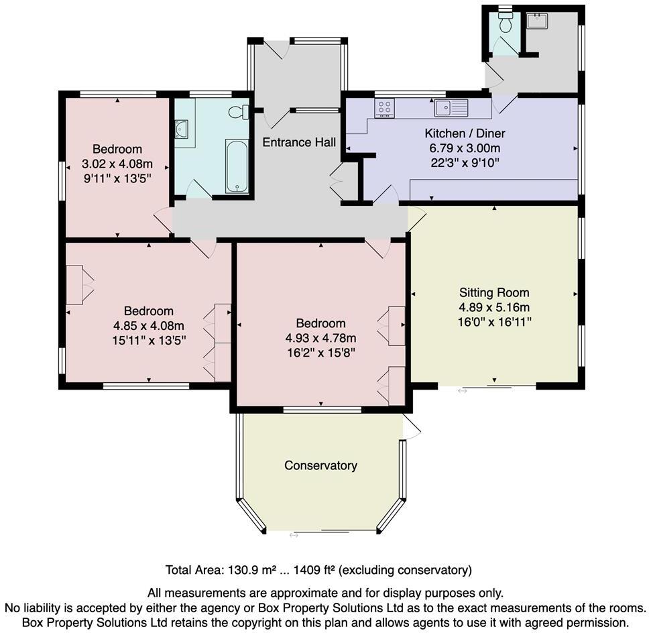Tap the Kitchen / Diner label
[465, 133]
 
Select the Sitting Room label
[494, 292]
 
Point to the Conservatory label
[320, 465]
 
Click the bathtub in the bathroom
[237, 166]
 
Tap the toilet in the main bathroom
[237, 112]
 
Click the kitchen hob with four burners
[385, 108]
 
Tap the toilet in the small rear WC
[506, 23]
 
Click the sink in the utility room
[536, 21]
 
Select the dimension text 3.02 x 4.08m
[117, 164]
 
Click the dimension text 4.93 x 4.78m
[320, 337]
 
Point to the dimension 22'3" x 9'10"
[465, 163]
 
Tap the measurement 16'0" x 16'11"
[494, 322]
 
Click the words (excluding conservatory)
[406, 571]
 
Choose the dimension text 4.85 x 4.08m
[149, 325]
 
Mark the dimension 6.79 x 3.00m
[465, 148]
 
